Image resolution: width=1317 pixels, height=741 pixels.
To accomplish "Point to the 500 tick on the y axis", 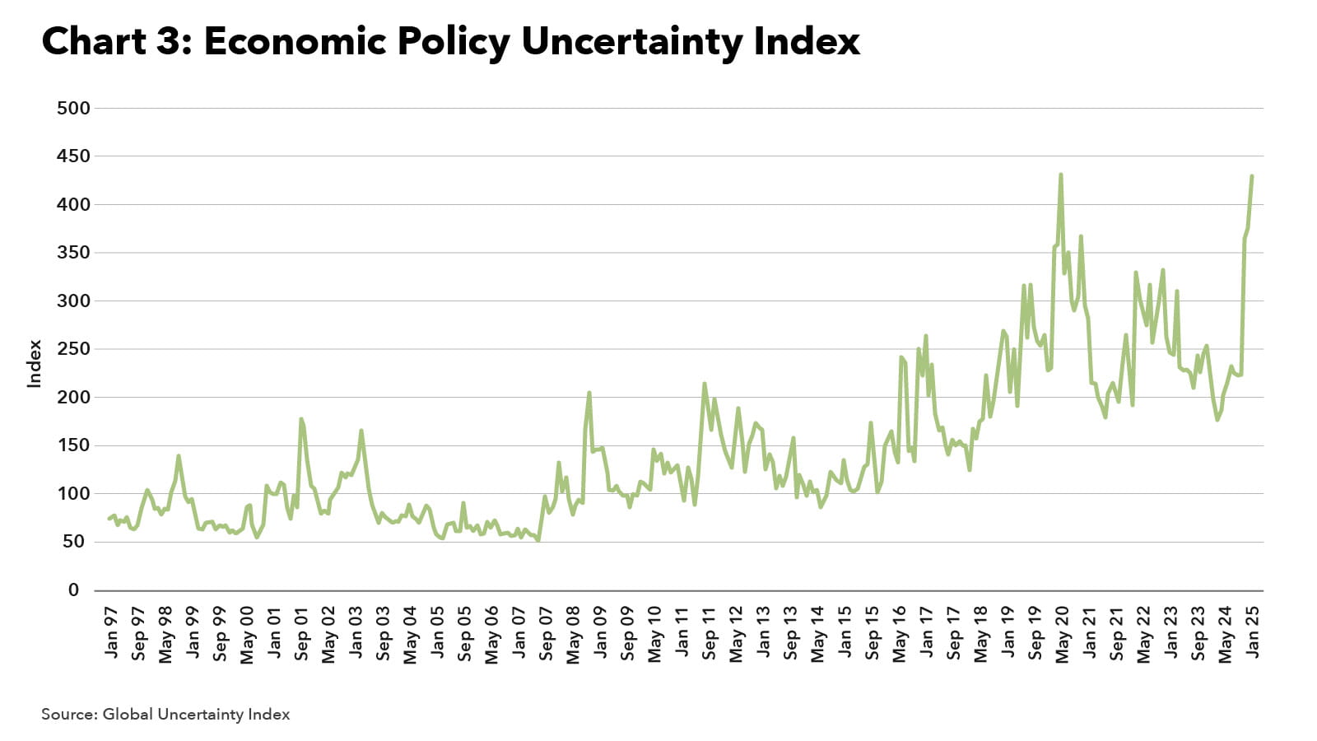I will [x=73, y=108].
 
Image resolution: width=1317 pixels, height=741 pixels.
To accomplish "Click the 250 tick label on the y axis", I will [x=73, y=349].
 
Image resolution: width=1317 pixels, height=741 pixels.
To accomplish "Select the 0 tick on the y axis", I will [x=74, y=590].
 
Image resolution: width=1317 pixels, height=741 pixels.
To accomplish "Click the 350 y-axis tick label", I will [x=73, y=253].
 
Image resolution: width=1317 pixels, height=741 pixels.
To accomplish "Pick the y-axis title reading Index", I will [x=35, y=363].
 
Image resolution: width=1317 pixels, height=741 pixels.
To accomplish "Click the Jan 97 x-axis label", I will [x=112, y=632].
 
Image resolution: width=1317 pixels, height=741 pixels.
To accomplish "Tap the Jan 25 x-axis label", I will [x=1254, y=632].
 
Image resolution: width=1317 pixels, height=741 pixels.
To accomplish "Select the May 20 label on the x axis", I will [x=1063, y=634].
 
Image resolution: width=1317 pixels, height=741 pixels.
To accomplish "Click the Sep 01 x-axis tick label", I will [x=301, y=634].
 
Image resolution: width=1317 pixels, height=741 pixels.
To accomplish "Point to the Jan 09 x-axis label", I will [x=600, y=632].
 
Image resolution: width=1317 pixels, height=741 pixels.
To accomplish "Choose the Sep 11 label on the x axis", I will [x=709, y=634].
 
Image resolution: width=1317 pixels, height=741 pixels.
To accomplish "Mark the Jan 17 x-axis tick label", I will [x=927, y=632].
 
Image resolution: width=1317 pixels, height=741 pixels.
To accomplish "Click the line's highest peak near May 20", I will [x=1061, y=175].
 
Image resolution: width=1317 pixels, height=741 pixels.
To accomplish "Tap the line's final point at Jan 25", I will [x=1252, y=176].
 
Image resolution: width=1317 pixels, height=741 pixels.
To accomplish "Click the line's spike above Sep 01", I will [x=301, y=419].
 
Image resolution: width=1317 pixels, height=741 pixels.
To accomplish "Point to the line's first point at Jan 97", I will [x=109, y=519].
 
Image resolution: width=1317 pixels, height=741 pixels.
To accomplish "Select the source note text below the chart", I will [x=165, y=715].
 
